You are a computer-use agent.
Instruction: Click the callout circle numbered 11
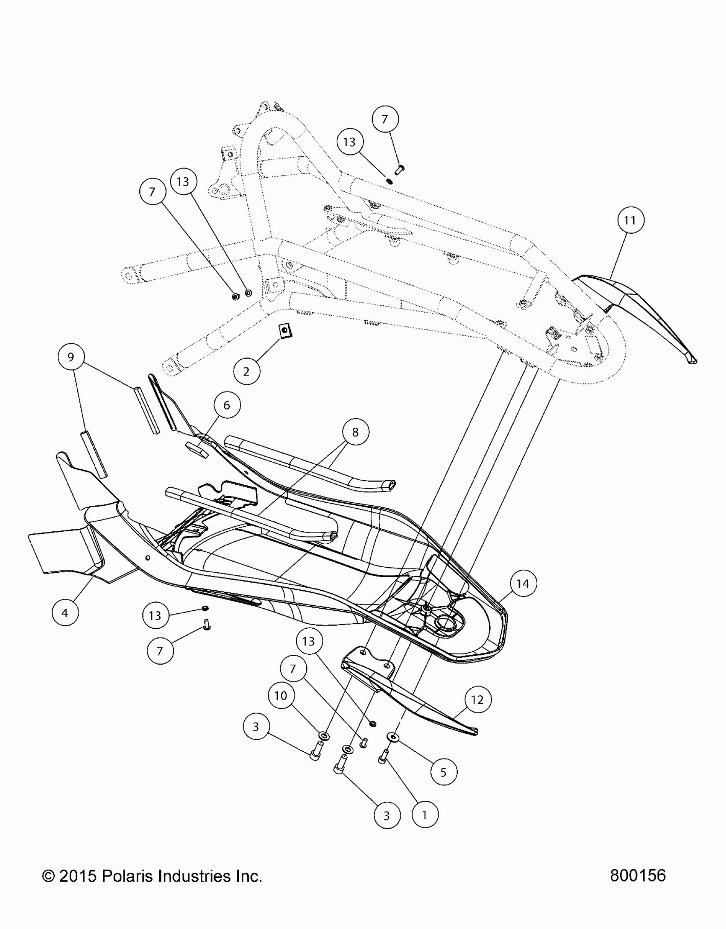tap(630, 220)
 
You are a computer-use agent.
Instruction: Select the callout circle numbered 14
tap(523, 583)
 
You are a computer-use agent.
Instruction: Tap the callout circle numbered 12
tap(477, 700)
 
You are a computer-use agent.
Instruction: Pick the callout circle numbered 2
tap(246, 371)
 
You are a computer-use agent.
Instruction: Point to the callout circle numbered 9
tap(71, 357)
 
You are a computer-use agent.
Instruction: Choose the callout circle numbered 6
tap(227, 405)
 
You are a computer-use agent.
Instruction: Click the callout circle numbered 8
tap(355, 432)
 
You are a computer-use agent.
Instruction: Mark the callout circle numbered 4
tap(65, 613)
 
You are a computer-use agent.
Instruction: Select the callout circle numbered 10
tap(281, 696)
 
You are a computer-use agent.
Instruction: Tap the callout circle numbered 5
tap(443, 772)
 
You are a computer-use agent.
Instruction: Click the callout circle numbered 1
tap(424, 815)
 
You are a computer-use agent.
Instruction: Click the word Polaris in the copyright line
tap(128, 876)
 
